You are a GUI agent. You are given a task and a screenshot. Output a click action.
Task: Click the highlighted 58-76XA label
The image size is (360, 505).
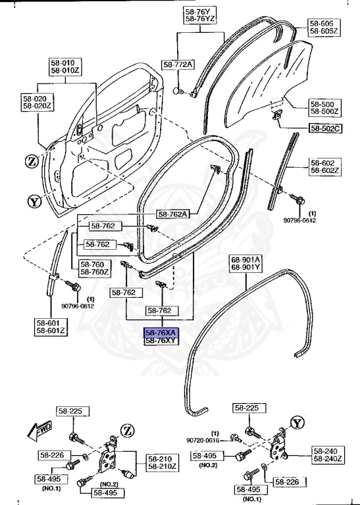[x=161, y=333]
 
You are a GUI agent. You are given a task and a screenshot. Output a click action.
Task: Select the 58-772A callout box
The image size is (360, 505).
[x=178, y=64]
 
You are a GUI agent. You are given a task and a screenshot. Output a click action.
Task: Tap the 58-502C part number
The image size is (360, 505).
[x=324, y=128]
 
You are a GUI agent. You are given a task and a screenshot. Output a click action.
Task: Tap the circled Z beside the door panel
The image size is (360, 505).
[x=32, y=161]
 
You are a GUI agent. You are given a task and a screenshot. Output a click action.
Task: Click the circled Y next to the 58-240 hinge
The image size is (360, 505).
[x=298, y=423]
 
